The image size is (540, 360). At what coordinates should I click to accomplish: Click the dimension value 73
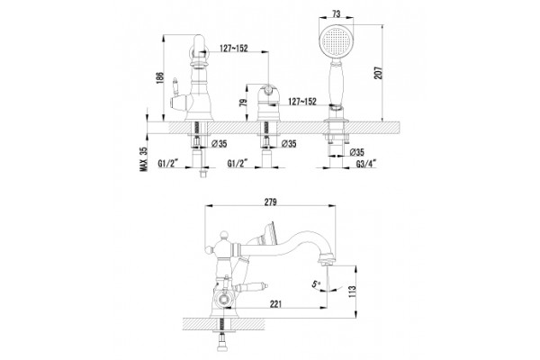(x=337, y=13)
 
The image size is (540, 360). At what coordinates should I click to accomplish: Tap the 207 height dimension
(x=379, y=73)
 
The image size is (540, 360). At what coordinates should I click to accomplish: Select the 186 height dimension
(x=159, y=78)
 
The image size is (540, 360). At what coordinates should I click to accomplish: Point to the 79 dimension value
(x=243, y=103)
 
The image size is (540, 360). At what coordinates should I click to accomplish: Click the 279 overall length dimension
(x=270, y=202)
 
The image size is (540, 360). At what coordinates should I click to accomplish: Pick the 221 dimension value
(x=275, y=304)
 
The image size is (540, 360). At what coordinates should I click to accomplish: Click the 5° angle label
(x=316, y=284)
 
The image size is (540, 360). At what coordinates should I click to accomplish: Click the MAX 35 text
(x=144, y=159)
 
